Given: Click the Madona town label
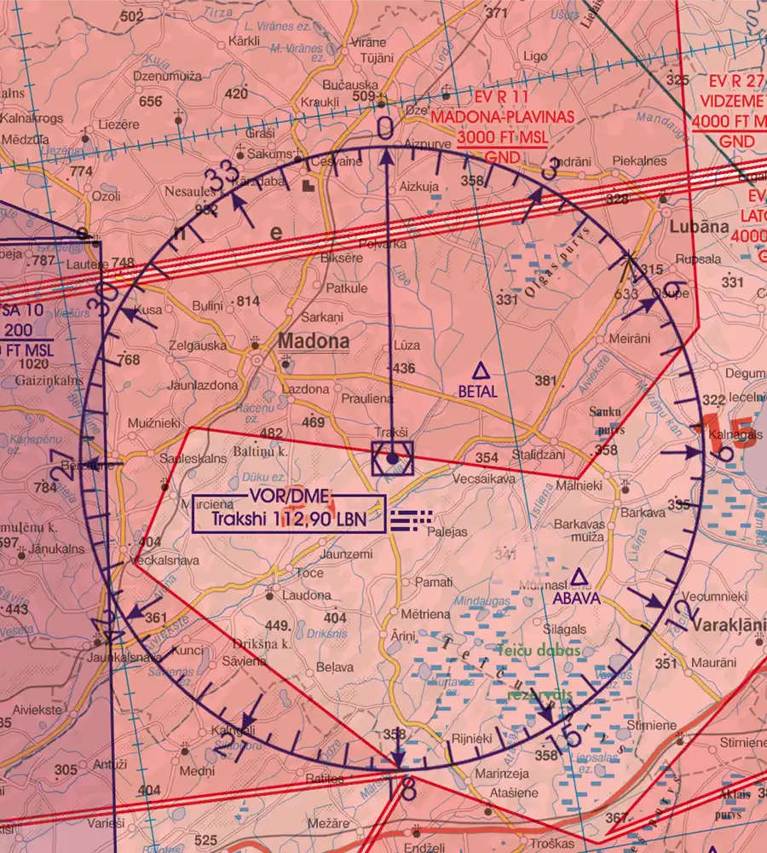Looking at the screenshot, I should pyautogui.click(x=314, y=342).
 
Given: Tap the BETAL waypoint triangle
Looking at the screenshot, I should pyautogui.click(x=481, y=370).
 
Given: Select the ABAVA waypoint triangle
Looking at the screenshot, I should pyautogui.click(x=580, y=578).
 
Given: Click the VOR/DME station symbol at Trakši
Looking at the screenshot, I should pyautogui.click(x=392, y=458).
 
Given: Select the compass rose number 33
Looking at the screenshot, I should pyautogui.click(x=223, y=177).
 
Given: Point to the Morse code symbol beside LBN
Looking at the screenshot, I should pyautogui.click(x=410, y=519).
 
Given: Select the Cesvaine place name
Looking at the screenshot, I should pyautogui.click(x=338, y=161).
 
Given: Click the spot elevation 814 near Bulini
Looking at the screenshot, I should pyautogui.click(x=248, y=301).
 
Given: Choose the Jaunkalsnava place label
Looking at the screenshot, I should pyautogui.click(x=128, y=658).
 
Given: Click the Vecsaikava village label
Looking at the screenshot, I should pyautogui.click(x=484, y=479).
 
